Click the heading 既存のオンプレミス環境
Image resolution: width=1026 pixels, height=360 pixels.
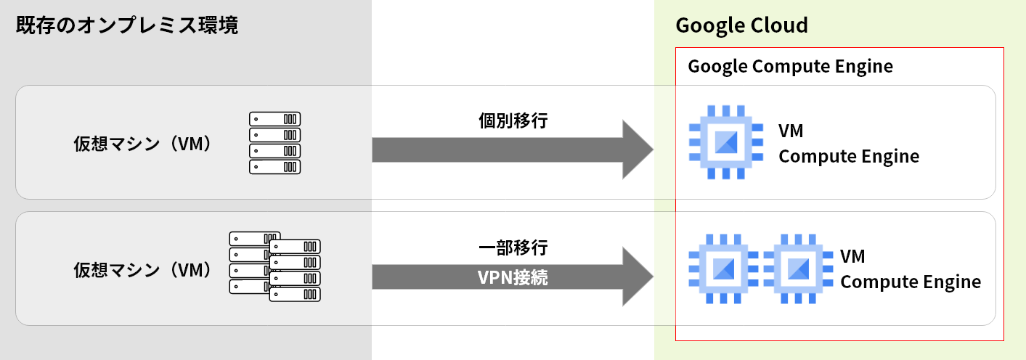(126, 26)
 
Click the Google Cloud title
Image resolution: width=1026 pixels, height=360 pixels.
(741, 25)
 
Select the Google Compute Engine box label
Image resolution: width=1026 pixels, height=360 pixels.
(790, 67)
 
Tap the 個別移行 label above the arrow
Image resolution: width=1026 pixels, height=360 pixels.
(513, 120)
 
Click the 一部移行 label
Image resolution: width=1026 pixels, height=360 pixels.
(513, 247)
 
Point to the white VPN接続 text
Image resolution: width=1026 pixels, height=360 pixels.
(513, 277)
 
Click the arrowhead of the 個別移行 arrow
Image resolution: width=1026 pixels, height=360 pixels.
(638, 150)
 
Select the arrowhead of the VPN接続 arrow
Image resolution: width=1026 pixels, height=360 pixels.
(638, 277)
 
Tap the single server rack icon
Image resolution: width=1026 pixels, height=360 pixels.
(274, 143)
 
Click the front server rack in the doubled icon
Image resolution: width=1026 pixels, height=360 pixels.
(295, 271)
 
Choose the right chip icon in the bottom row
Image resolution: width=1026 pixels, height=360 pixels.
(798, 269)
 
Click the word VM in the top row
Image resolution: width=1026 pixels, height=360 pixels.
(791, 131)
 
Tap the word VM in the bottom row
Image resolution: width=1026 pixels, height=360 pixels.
(852, 257)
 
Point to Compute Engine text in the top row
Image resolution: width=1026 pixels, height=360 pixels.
(849, 156)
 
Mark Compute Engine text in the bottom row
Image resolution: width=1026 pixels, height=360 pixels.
(911, 282)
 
